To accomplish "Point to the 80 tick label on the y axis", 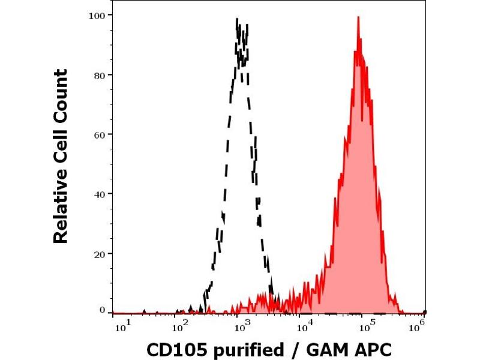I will [x=100, y=74].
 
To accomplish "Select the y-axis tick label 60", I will [x=100, y=134].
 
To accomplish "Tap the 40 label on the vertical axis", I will [x=100, y=194].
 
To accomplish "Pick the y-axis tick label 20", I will [x=100, y=253].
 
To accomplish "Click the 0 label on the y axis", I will [x=103, y=310].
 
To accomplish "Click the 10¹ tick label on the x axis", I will [x=120, y=326].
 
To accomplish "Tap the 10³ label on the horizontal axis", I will [x=241, y=326].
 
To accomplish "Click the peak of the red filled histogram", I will [x=358, y=17].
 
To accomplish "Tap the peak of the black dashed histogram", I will [x=239, y=20].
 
